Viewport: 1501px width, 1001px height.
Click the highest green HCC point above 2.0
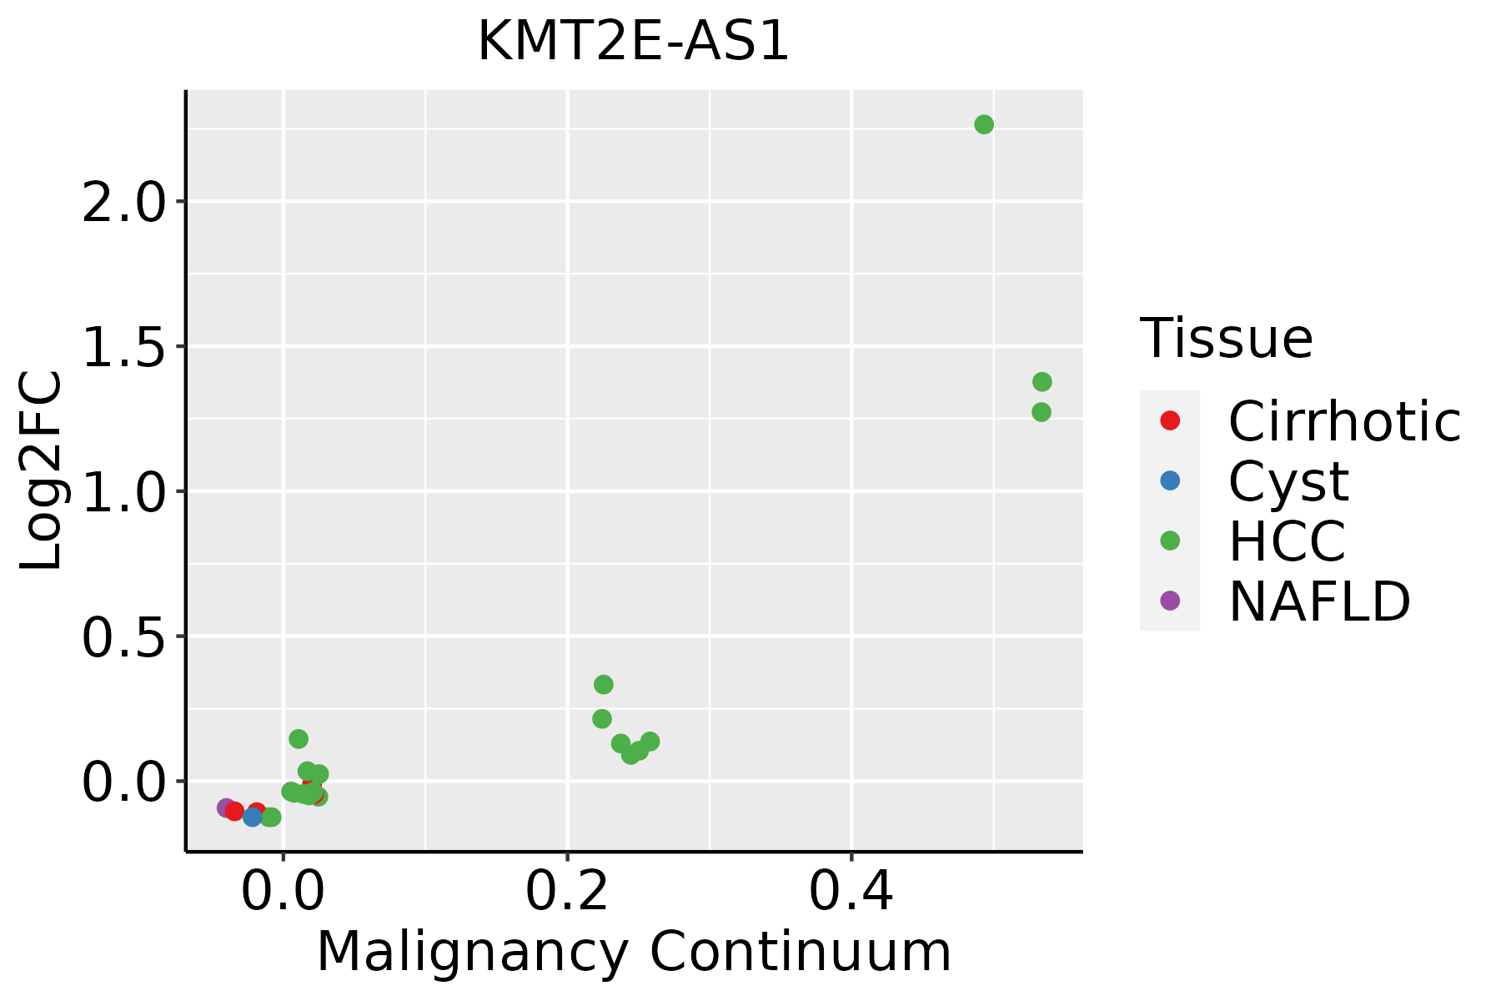pos(984,124)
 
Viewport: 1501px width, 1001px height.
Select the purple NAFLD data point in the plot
pos(226,807)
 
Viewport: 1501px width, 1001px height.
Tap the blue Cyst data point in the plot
pos(253,817)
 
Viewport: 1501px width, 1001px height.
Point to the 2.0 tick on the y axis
pos(125,203)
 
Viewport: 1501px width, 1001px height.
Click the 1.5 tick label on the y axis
pos(125,347)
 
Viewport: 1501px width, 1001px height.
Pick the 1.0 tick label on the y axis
pos(125,492)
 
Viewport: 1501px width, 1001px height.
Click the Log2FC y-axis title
pos(42,470)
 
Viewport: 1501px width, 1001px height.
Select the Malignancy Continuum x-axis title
pos(634,952)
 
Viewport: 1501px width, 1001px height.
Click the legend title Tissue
pos(1226,339)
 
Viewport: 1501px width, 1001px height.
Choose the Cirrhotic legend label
pos(1344,421)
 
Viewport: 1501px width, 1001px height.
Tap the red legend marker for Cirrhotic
pos(1170,420)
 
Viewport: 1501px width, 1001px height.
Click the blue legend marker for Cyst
pos(1170,480)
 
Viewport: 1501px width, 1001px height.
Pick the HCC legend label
pos(1287,541)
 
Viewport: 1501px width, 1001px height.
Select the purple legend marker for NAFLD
pos(1170,600)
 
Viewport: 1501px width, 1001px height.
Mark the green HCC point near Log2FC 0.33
pos(604,685)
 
